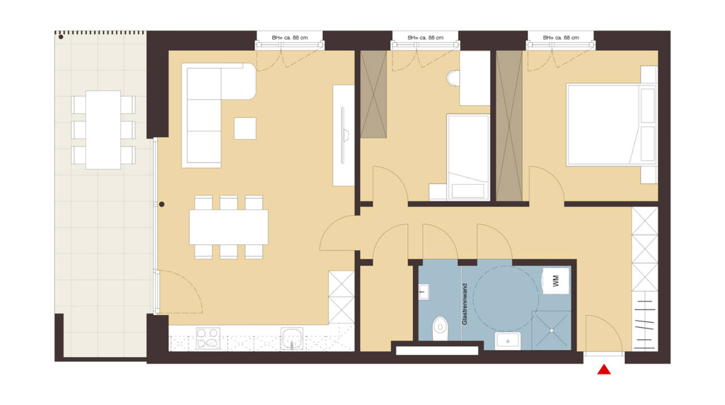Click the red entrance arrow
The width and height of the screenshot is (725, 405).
[604, 370]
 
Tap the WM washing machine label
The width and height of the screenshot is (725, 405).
[556, 281]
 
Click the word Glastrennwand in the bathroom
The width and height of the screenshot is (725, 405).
[465, 304]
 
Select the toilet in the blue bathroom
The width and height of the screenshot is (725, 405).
[440, 328]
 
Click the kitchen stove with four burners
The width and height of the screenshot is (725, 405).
[208, 338]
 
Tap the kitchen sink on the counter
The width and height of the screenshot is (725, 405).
[292, 338]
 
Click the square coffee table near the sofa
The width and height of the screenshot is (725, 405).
[245, 129]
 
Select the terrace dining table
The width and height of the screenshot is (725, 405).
[103, 130]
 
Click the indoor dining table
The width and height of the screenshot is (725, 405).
[228, 227]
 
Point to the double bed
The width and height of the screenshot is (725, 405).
[612, 125]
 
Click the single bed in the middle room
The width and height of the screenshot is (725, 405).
[468, 157]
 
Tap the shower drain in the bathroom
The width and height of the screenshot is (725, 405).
[551, 331]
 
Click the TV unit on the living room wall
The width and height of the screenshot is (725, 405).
[343, 135]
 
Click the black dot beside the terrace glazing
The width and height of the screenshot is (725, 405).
[162, 204]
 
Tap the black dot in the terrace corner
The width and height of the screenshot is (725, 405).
[61, 37]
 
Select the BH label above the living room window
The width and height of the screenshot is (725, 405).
[289, 37]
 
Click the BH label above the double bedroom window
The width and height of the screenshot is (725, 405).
[561, 37]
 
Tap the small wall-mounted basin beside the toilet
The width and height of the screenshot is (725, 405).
[424, 292]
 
